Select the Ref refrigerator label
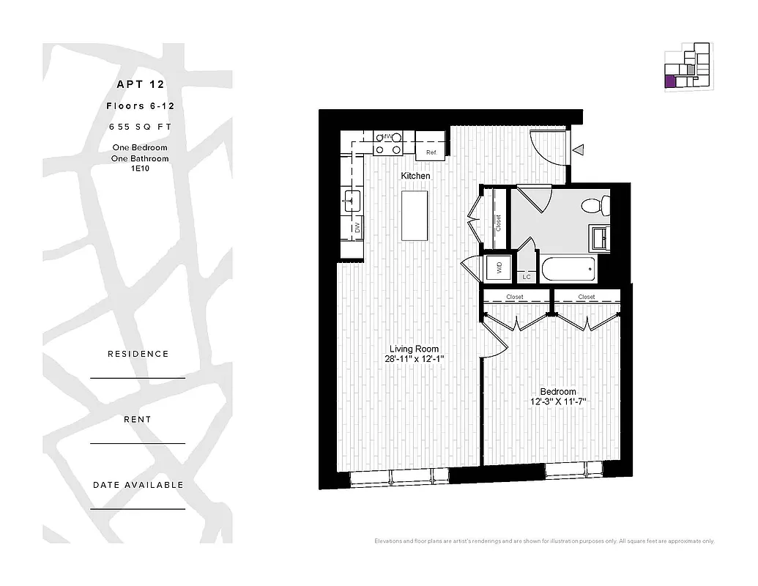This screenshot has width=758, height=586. click(x=431, y=152)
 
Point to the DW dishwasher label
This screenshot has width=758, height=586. click(x=357, y=228)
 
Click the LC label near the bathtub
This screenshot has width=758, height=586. click(x=526, y=277)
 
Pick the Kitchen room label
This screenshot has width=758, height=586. click(x=415, y=176)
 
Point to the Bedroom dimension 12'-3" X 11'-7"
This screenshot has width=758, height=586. click(x=558, y=402)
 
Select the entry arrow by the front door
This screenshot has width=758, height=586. click(x=578, y=150)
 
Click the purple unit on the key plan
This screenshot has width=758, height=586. click(x=670, y=81)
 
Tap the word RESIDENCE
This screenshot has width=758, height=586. click(x=138, y=354)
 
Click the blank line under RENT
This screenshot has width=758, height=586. click(x=138, y=443)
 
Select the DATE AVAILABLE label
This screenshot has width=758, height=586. click(x=138, y=485)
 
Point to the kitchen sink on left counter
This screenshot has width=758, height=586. click(x=352, y=199)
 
